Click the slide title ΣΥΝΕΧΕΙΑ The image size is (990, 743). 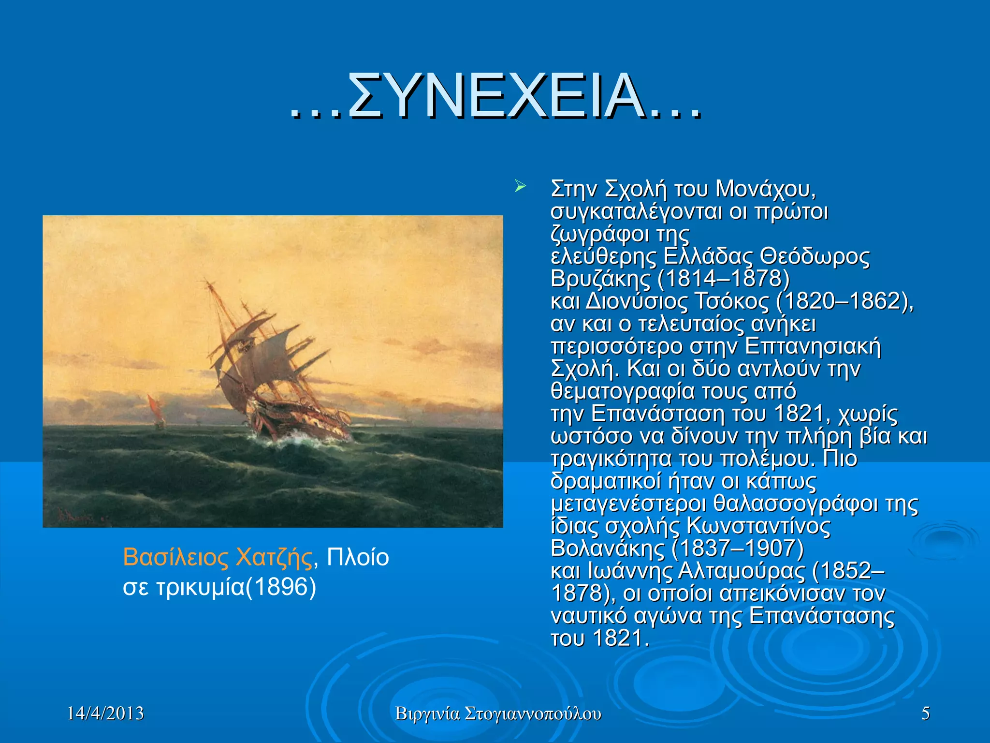point(496,97)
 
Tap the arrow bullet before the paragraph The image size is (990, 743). point(520,186)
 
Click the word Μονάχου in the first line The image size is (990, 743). point(765,189)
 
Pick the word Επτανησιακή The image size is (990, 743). point(813,346)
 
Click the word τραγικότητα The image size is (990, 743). point(611,459)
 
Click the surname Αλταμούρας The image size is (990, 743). point(742,571)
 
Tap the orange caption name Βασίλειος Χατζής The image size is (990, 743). point(218,557)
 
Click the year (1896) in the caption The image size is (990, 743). point(281,587)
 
